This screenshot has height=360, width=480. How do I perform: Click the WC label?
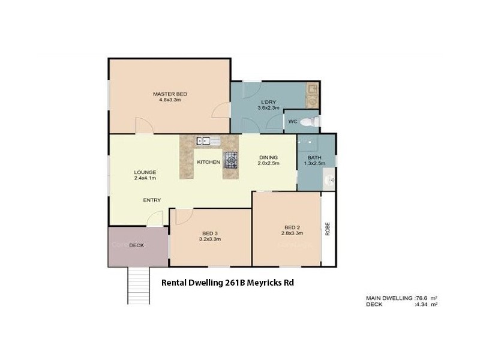click(293, 122)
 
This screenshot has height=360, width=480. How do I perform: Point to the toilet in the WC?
click(308, 122)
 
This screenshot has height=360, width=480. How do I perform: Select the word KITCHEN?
click(208, 163)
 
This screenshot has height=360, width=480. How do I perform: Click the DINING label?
click(268, 157)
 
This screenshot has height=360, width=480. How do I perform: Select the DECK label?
click(137, 245)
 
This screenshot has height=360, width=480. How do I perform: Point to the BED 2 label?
click(292, 227)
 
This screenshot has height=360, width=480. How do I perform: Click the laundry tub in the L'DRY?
click(312, 91)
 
